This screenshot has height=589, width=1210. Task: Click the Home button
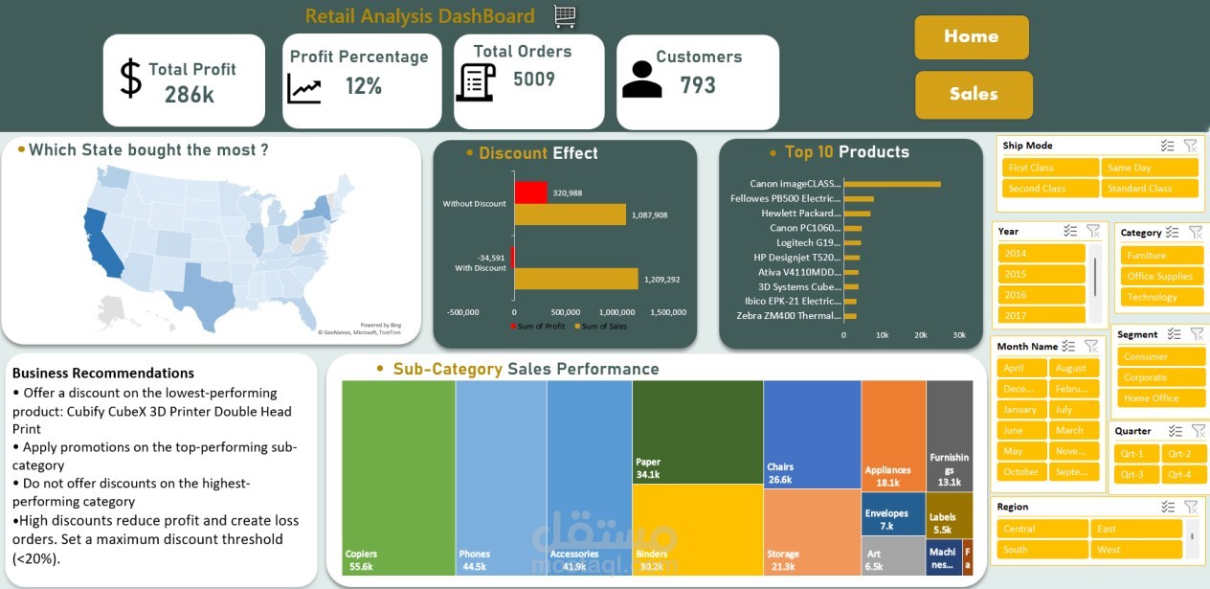(972, 37)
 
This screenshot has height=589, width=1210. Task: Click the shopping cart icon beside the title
(565, 15)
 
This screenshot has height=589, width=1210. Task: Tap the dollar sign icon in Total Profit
(130, 79)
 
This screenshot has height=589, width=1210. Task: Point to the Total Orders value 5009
(534, 79)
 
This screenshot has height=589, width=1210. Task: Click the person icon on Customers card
(641, 80)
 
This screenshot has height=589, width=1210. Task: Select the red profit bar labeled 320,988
(530, 192)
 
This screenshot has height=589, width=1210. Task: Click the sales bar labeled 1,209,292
(575, 279)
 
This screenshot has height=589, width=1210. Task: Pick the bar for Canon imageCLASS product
(891, 184)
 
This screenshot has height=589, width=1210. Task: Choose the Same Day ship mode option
(1149, 168)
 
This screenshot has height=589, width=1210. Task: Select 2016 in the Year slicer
(1041, 295)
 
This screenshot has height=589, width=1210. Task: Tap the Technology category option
(1161, 297)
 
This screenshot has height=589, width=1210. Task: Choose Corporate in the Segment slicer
(1160, 377)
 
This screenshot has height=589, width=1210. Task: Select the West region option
(1136, 550)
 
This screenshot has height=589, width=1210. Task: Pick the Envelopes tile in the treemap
(892, 517)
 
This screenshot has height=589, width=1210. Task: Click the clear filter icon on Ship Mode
(1190, 146)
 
